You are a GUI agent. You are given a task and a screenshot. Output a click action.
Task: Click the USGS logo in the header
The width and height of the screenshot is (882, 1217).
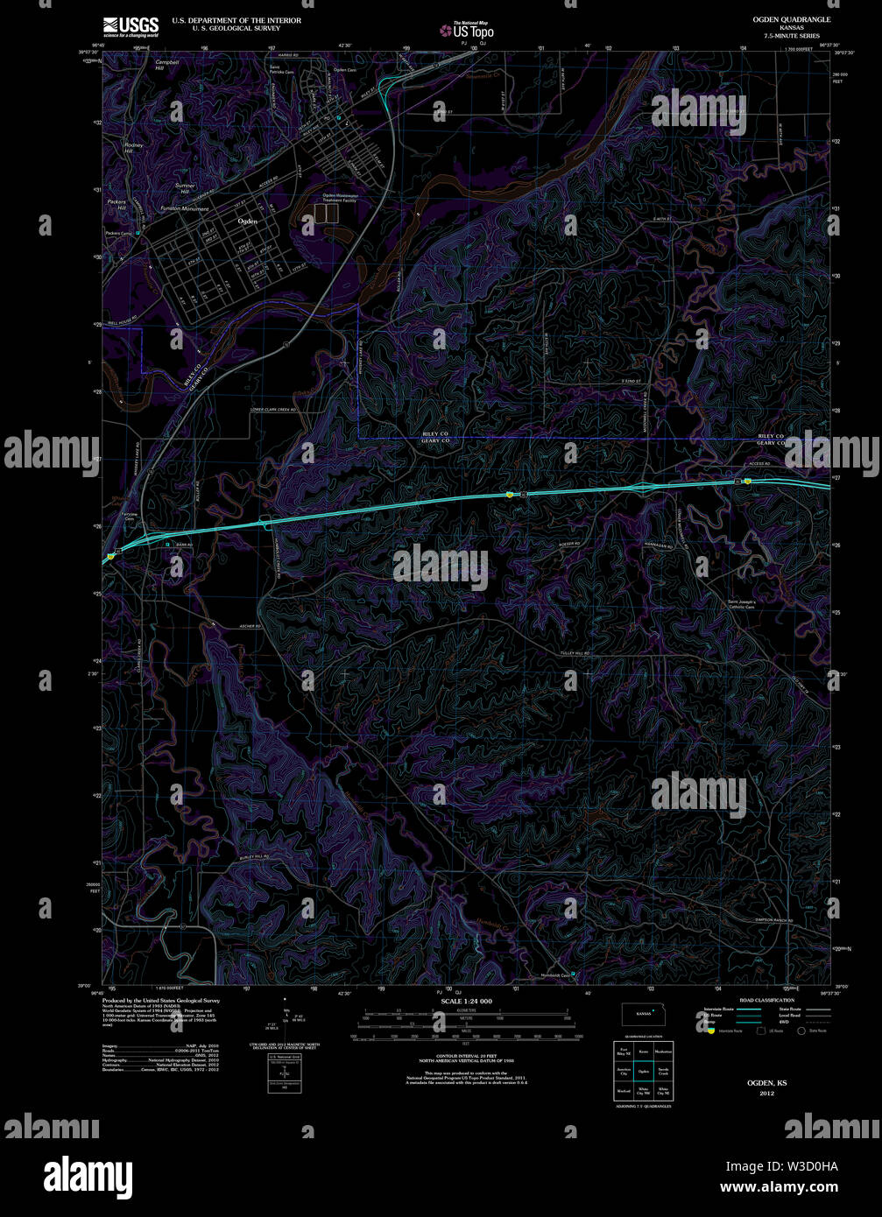tap(131, 25)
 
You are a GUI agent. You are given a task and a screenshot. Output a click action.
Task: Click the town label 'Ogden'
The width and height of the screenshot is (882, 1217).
tap(248, 222)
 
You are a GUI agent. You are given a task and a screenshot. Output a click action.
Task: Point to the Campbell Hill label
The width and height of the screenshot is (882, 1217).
tap(166, 66)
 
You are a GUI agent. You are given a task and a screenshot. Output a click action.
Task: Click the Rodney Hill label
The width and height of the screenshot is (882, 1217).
tap(133, 147)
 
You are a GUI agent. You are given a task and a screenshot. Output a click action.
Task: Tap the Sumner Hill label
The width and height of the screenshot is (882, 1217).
tap(184, 188)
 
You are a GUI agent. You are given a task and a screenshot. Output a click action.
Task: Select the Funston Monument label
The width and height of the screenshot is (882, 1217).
tap(185, 209)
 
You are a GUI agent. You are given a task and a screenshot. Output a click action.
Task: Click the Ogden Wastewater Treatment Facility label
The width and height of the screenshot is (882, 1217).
tap(339, 198)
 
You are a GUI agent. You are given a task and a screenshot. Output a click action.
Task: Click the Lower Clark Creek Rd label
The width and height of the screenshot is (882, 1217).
tap(273, 410)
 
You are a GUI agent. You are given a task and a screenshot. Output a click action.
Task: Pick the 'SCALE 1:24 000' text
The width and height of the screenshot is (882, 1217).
tap(466, 1001)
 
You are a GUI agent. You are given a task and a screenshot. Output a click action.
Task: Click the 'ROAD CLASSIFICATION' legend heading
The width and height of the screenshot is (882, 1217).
tap(766, 1000)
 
